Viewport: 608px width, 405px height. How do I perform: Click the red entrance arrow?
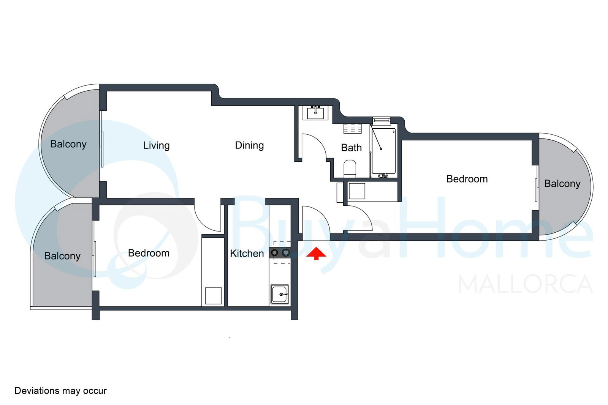pos(316,253)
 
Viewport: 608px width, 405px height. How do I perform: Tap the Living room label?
pos(156,146)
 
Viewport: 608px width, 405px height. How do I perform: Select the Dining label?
pos(249,146)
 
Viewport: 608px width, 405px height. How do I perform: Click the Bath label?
pos(351,148)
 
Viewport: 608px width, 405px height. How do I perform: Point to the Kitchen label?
pos(247,254)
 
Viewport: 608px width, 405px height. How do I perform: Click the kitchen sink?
pos(280,295)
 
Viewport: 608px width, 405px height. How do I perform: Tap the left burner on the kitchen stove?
pos(274,253)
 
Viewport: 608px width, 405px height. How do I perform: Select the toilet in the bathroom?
pos(350,169)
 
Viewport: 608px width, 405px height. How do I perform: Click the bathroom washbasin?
pos(315,113)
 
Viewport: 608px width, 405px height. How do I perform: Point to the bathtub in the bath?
pos(383,151)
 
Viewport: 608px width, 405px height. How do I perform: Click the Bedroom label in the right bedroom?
pos(467,179)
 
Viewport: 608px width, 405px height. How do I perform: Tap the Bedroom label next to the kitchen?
pos(149,253)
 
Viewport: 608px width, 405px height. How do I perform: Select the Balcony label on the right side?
pos(562,184)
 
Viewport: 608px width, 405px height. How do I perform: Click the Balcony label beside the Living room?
pos(68,144)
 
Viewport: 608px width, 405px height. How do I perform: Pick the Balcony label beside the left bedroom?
pos(62,256)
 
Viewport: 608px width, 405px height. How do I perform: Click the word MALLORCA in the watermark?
pos(526,284)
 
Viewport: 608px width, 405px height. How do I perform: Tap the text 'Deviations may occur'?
pos(60,391)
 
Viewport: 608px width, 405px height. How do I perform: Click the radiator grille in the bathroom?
pos(353,129)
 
